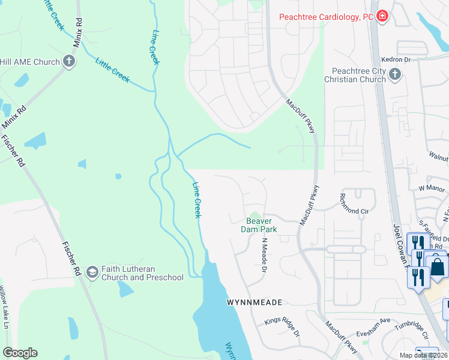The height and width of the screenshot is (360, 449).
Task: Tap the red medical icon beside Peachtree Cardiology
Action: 382,17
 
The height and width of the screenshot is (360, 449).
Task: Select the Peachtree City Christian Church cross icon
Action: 394,74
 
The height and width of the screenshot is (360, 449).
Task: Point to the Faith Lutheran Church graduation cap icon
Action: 92,272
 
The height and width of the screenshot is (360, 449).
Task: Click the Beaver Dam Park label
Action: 258,225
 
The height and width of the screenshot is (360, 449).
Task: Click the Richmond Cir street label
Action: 354,211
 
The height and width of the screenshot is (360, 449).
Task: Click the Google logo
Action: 20,353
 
